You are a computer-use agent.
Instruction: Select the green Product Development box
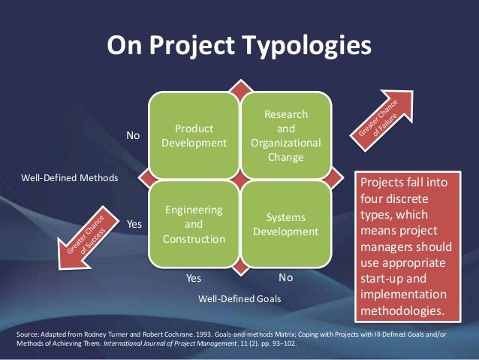pyautogui.click(x=194, y=135)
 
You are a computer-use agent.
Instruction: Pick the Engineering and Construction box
pyautogui.click(x=194, y=224)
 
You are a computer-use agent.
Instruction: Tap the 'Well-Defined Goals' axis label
pyautogui.click(x=239, y=298)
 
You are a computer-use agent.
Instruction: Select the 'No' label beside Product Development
pyautogui.click(x=134, y=136)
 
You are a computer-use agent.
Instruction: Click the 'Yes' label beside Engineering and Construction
pyautogui.click(x=134, y=224)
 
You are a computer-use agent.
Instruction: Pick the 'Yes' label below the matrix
pyautogui.click(x=194, y=278)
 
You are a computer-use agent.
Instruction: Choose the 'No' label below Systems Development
pyautogui.click(x=285, y=278)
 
